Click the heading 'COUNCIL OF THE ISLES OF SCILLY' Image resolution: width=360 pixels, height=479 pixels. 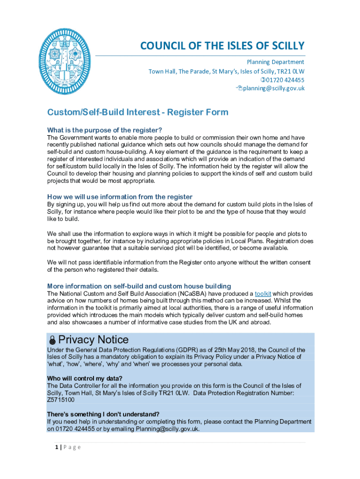pos(223,46)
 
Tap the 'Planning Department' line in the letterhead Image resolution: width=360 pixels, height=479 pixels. pos(275,62)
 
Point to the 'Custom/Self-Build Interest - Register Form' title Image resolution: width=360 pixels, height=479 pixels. pos(137,112)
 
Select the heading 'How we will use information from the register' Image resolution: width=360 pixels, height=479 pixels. pos(120,196)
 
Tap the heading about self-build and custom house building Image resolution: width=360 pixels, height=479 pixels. pos(139,286)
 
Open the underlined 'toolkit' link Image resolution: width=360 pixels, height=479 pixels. pos(263,294)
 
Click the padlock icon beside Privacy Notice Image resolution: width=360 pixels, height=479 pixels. pos(53,340)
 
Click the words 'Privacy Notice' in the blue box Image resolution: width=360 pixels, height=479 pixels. pos(94,339)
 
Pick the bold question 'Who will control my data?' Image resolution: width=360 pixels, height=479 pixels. pos(85,378)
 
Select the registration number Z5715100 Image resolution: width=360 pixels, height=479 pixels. pos(61,400)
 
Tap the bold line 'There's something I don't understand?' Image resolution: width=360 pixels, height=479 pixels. pos(103,414)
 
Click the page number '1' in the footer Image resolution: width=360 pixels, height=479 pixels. pos(56,447)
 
